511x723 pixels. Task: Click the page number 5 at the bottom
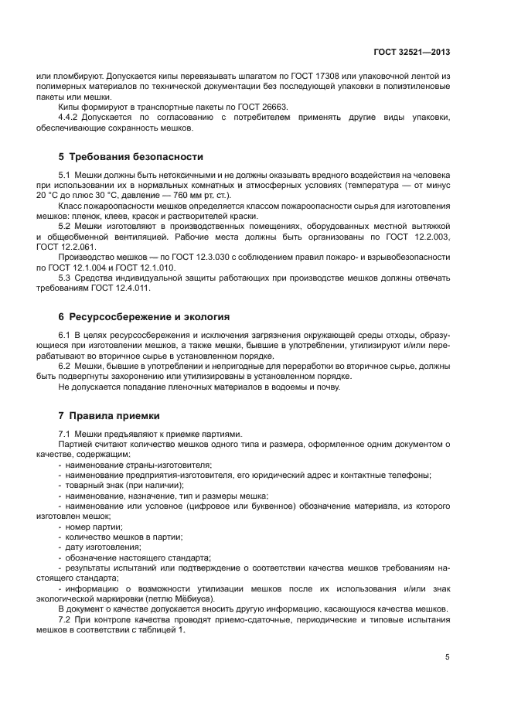coord(448,657)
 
